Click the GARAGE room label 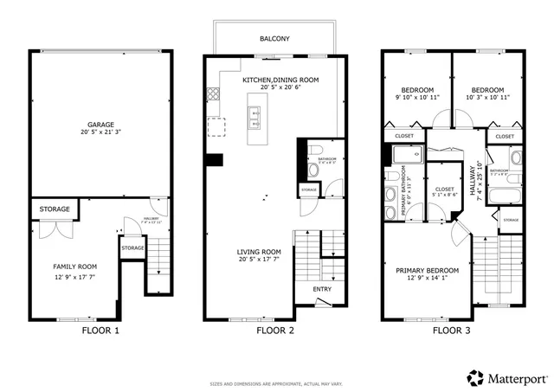(100, 124)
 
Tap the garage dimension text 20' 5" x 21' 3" (100, 133)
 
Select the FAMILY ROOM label (76, 267)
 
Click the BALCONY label (274, 39)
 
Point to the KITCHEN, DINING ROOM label (280, 80)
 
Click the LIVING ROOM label (261, 253)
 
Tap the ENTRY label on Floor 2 (322, 289)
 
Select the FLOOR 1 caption (100, 331)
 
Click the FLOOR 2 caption (275, 331)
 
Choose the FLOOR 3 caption (452, 331)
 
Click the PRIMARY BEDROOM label (428, 271)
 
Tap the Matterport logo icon (475, 377)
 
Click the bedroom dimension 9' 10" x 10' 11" (417, 98)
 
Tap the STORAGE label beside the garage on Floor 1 (54, 209)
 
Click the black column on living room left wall (215, 159)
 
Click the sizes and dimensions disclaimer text (276, 384)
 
